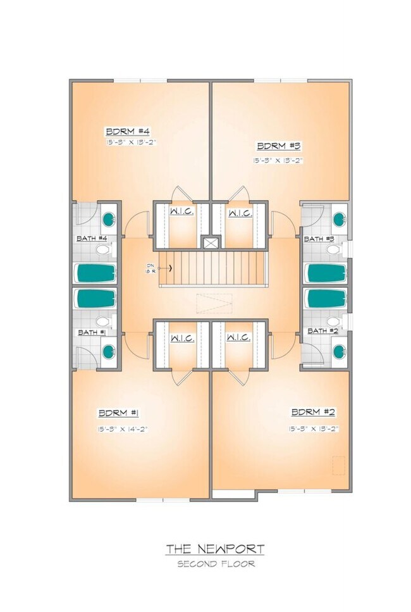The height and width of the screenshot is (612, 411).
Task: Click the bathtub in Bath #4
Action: (96, 273)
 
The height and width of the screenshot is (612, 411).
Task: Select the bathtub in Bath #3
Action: (326, 273)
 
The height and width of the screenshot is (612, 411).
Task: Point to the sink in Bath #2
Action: (339, 352)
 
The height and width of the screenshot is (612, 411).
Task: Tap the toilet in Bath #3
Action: (333, 250)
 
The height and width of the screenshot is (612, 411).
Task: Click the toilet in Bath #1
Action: (102, 322)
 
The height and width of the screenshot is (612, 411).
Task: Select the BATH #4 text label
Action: (92, 239)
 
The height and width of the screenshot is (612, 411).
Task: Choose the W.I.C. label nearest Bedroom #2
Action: (240, 338)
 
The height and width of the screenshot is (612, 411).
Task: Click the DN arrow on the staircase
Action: (169, 268)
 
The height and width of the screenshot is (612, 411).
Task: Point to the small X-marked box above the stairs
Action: (211, 242)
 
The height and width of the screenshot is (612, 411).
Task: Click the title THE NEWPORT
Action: (216, 549)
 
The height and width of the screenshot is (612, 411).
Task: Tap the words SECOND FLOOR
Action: (216, 564)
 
